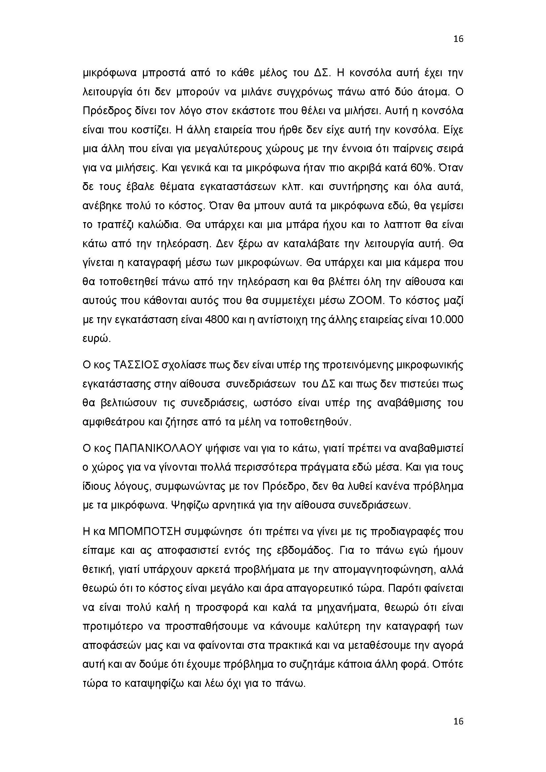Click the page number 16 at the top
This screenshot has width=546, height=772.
(x=458, y=39)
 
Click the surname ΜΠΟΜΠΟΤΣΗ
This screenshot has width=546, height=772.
(x=145, y=532)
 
